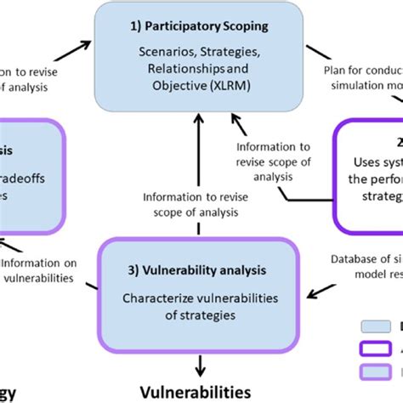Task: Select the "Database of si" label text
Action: [x=364, y=258]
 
